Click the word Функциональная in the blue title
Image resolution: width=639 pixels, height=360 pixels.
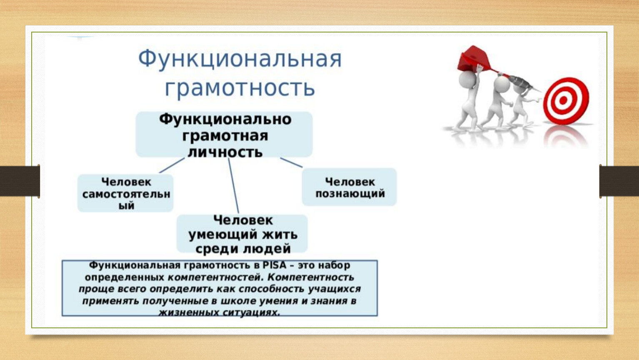[x=240, y=59]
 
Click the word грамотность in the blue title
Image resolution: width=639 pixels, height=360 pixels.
[x=240, y=88]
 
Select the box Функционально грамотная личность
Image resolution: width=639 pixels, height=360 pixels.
[x=224, y=134]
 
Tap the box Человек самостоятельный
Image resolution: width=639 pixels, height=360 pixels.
[x=125, y=193]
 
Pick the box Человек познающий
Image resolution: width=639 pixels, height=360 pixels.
[x=349, y=187]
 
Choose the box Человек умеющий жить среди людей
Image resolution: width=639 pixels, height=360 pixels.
[x=242, y=234]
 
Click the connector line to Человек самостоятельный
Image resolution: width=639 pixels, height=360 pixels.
[x=172, y=165]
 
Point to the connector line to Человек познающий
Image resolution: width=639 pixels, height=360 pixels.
[x=291, y=162]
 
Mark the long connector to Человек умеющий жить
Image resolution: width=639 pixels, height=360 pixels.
[x=233, y=185]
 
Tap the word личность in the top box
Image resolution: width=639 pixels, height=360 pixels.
[x=225, y=152]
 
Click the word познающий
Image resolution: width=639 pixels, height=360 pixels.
[x=350, y=194]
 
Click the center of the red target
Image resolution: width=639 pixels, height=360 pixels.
[x=563, y=100]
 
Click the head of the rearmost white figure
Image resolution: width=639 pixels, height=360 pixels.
[x=467, y=79]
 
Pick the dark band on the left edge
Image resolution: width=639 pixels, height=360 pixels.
[x=20, y=181]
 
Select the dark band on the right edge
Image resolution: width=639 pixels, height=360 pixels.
[x=619, y=181]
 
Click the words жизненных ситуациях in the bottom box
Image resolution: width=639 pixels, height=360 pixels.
[x=219, y=312]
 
